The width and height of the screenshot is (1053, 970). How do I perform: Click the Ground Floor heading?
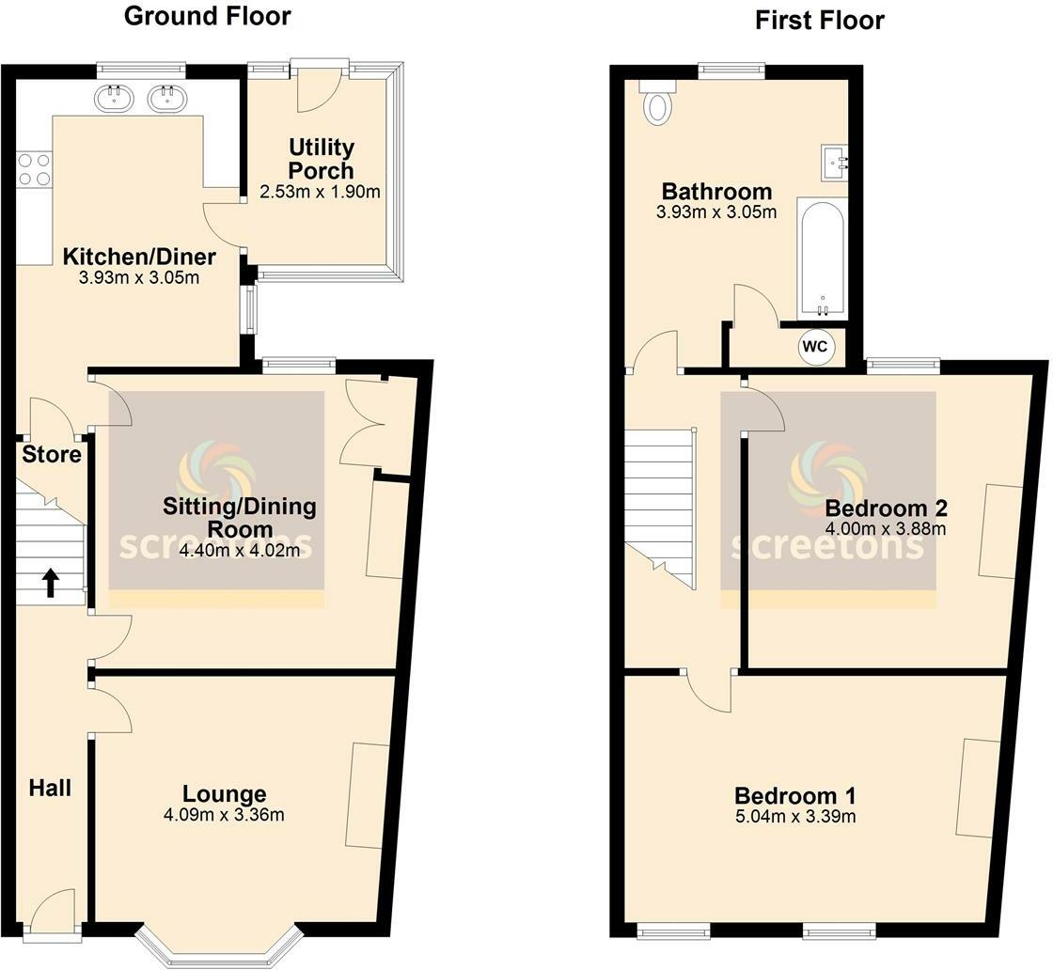click(207, 16)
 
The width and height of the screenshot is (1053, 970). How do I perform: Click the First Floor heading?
click(820, 20)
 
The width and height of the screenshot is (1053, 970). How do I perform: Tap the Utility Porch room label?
click(322, 159)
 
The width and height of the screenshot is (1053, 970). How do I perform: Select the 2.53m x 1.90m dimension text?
click(320, 193)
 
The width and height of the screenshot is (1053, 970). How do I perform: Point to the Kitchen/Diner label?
click(139, 257)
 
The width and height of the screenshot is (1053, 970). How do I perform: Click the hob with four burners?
click(34, 168)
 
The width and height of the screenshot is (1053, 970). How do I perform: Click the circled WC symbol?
click(815, 347)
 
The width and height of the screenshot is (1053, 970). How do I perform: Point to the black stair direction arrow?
click(50, 584)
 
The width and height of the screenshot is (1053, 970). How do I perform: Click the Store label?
click(52, 455)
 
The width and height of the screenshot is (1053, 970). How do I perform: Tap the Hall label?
click(50, 788)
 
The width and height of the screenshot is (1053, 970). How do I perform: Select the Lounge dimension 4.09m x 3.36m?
click(224, 815)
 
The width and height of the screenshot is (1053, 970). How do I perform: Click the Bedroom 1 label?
click(795, 794)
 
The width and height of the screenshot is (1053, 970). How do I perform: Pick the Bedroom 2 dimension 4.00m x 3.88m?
click(885, 529)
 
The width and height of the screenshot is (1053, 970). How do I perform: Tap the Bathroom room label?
click(716, 192)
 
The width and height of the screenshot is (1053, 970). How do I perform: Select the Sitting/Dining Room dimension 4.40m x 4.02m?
click(240, 551)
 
